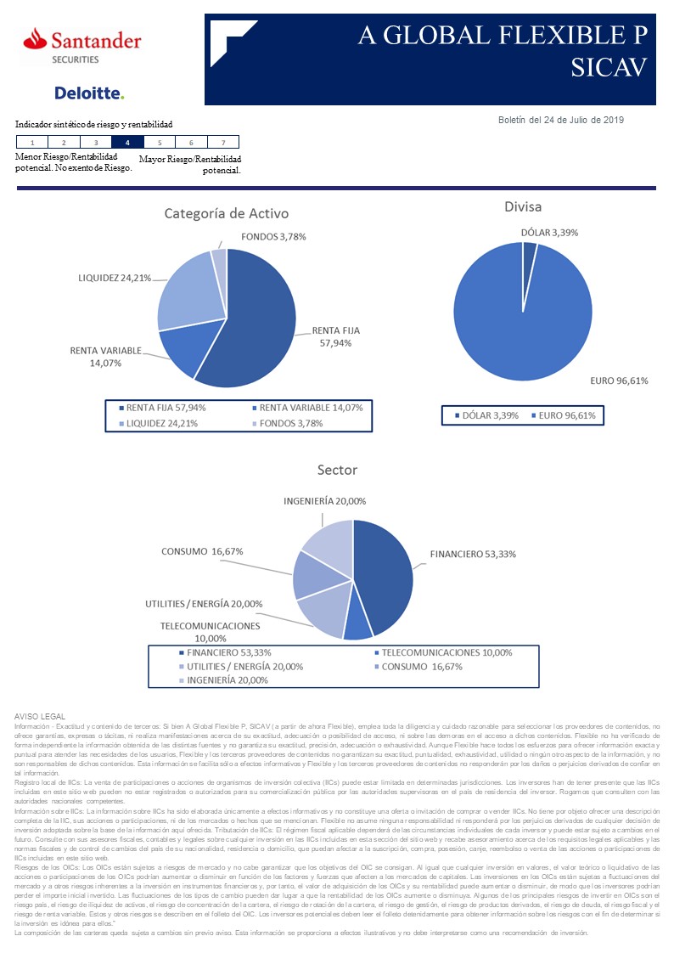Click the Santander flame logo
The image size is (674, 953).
point(35,39)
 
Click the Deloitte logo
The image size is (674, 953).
point(88,93)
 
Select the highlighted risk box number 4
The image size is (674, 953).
point(127,143)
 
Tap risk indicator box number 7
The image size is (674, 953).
point(222,143)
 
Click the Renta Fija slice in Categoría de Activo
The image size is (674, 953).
point(255,323)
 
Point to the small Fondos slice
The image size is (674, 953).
point(219,258)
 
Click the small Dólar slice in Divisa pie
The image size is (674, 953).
point(529,251)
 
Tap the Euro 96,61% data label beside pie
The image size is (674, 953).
point(619,381)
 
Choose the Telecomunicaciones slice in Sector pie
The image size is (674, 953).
point(358,624)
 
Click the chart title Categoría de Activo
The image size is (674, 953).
point(227,214)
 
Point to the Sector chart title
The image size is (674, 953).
point(337,470)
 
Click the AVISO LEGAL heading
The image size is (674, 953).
point(40,718)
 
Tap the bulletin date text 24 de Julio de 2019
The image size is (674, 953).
point(560,120)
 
